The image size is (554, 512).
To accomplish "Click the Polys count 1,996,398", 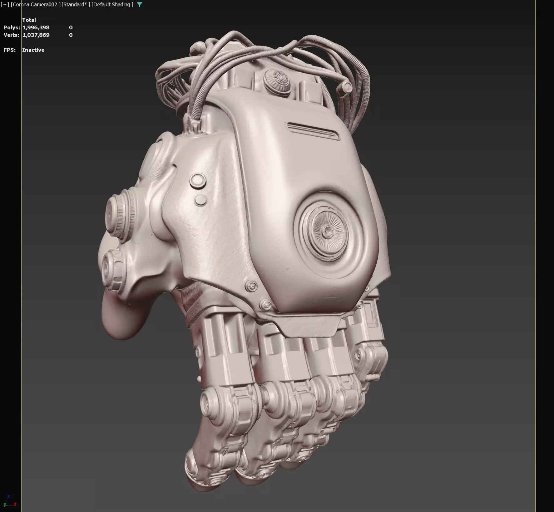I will click(36, 27).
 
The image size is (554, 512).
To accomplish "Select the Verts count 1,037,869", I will click(36, 35).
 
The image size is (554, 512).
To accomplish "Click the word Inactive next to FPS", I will click(33, 50).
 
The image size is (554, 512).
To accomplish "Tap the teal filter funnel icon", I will click(140, 5).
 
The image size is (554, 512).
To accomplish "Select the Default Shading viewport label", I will click(112, 5).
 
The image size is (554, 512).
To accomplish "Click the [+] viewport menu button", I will click(5, 5).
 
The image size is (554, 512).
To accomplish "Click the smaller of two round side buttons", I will click(200, 200).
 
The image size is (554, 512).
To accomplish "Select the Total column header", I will click(29, 20).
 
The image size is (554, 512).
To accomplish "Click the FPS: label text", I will click(10, 50).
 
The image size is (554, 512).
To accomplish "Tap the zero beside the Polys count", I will click(71, 27).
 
